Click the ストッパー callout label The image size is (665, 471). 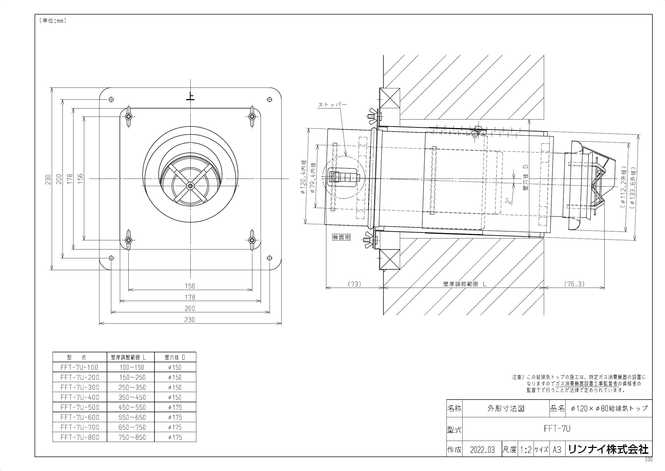[332, 105]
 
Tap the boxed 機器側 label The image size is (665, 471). [341, 237]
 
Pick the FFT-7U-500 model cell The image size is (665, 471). [80, 407]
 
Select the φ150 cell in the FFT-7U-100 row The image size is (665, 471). [175, 367]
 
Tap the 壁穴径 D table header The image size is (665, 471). [175, 358]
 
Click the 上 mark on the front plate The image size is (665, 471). [190, 96]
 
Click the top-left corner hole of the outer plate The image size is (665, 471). [111, 99]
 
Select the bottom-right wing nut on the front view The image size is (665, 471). [252, 240]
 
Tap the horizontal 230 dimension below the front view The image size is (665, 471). [189, 320]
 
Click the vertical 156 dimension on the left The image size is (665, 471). [80, 178]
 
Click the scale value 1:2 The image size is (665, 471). [526, 450]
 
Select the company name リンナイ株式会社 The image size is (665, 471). [608, 450]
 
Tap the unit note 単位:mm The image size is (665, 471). [52, 21]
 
